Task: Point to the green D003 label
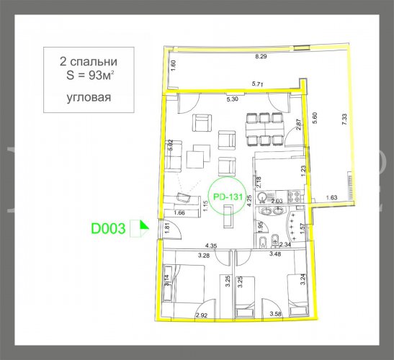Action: click(108, 230)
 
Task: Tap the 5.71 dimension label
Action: click(258, 84)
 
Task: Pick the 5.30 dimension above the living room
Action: click(233, 99)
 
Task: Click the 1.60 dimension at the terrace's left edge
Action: click(173, 63)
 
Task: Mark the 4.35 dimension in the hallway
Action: click(211, 246)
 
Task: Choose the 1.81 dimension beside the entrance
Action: click(167, 228)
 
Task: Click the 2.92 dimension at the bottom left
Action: click(202, 315)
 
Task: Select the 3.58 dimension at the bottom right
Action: click(274, 315)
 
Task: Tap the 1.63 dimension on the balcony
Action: click(332, 197)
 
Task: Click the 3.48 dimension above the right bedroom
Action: click(274, 254)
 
